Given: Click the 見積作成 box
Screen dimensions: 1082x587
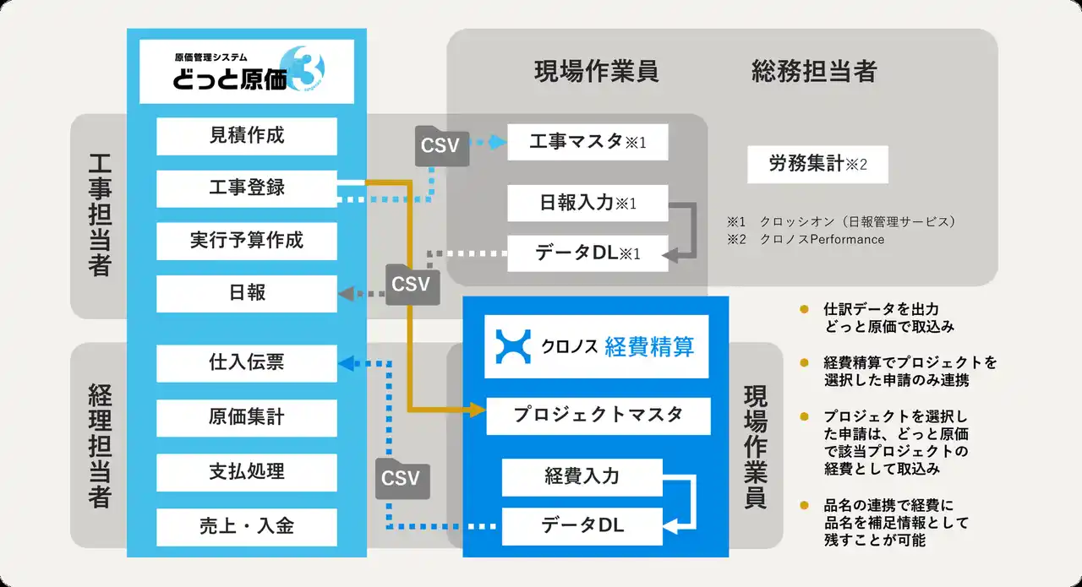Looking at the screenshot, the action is [x=246, y=136].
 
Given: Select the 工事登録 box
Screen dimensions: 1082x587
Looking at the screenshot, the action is [x=246, y=188].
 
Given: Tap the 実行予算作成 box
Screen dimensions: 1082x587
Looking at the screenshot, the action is [x=246, y=241].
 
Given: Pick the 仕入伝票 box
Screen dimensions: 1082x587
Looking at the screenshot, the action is [x=246, y=363].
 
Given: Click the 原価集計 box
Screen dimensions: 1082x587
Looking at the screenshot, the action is [x=246, y=417].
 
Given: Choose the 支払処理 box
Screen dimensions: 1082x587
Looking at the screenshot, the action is [x=246, y=472].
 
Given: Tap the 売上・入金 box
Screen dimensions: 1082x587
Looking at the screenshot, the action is [x=246, y=527].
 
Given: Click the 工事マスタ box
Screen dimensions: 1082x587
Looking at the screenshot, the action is [x=587, y=142].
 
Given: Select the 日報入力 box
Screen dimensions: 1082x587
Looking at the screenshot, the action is [x=587, y=203].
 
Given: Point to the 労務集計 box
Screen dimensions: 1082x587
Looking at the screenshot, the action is [x=817, y=164].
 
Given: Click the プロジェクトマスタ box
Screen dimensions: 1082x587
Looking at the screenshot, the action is [x=598, y=416].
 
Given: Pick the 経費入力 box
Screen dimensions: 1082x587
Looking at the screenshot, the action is [x=582, y=477].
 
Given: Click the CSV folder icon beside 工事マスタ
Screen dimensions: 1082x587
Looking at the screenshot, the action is [x=442, y=146].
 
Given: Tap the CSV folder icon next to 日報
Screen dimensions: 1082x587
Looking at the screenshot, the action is [x=413, y=285].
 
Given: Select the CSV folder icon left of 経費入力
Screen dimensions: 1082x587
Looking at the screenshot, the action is [x=402, y=479].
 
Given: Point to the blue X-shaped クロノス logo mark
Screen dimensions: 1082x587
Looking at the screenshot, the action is [x=513, y=346].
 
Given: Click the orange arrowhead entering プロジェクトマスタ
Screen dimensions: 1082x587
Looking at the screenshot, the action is [x=478, y=410].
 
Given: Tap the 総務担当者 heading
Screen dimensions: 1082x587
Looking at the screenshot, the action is [x=814, y=72].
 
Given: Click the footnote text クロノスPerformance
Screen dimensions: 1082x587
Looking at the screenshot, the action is [x=822, y=239].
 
